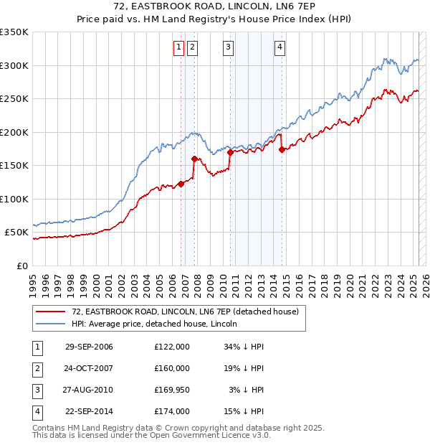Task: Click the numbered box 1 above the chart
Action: click(x=178, y=48)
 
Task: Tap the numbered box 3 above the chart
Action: click(x=228, y=48)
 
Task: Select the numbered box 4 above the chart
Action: click(x=279, y=48)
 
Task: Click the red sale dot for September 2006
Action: click(x=181, y=184)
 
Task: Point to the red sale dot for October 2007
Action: click(x=194, y=159)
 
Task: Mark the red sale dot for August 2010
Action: click(x=230, y=152)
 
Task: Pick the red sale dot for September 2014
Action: click(x=282, y=149)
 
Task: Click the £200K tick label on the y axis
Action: click(x=14, y=132)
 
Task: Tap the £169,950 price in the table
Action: click(x=172, y=390)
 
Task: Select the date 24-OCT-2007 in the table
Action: click(x=89, y=368)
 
